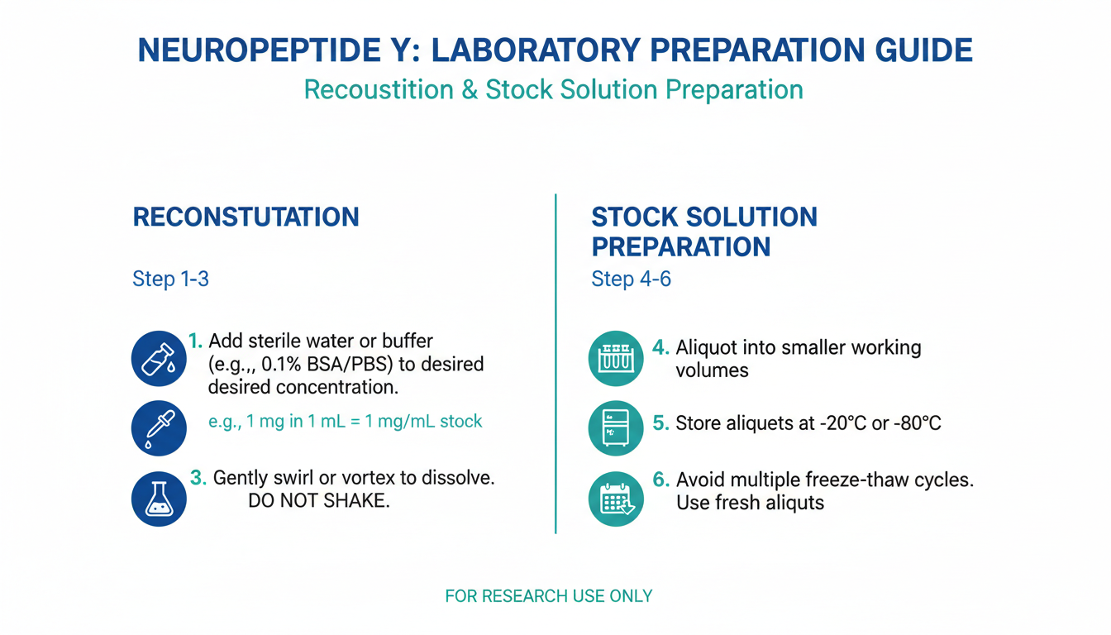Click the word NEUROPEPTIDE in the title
tap(260, 50)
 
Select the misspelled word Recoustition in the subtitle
tap(379, 90)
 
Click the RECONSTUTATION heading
tap(246, 217)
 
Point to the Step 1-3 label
tap(170, 279)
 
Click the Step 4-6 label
tap(631, 279)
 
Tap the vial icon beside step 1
tap(159, 359)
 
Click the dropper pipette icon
tap(159, 428)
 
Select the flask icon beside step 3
tap(159, 499)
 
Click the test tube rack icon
tap(616, 359)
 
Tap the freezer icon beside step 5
tap(616, 428)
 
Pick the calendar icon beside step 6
tap(616, 499)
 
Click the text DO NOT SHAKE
tap(319, 500)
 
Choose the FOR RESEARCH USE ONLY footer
tap(549, 596)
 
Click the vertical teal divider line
tap(555, 364)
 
